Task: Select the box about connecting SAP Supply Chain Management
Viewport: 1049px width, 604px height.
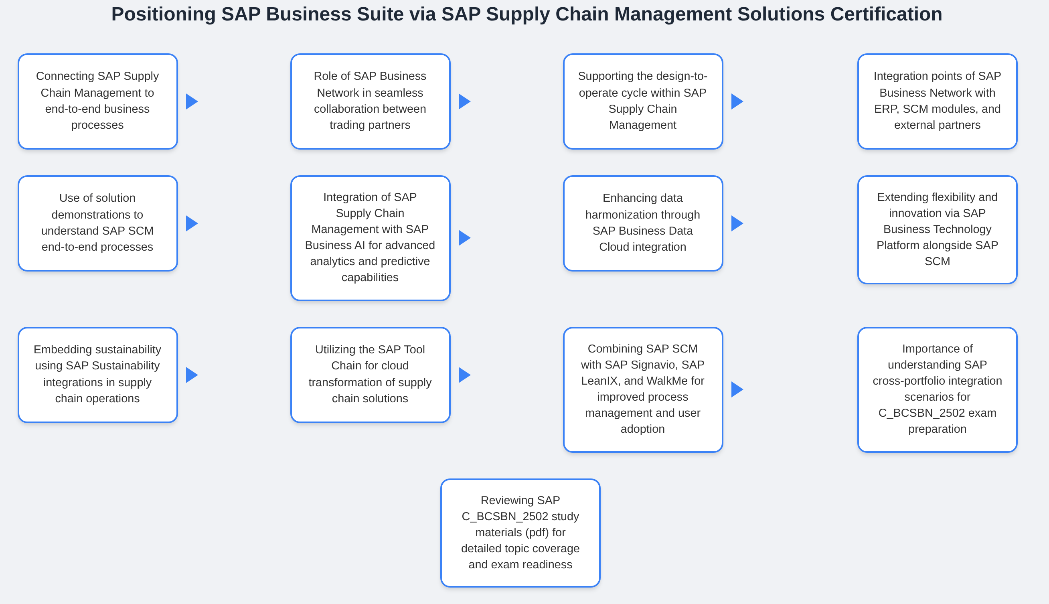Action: click(x=97, y=101)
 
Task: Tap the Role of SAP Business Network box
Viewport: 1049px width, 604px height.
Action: click(x=370, y=101)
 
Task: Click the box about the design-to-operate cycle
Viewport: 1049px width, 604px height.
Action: click(x=643, y=101)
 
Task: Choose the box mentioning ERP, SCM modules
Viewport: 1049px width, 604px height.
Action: click(x=937, y=101)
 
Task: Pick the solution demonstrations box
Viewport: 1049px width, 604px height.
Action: click(x=97, y=223)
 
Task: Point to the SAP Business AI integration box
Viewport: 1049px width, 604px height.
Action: click(x=370, y=238)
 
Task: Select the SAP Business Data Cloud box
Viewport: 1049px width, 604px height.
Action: click(x=643, y=223)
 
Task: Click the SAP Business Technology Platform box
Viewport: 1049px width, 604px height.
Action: click(x=937, y=229)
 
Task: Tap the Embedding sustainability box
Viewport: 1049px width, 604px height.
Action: click(x=97, y=375)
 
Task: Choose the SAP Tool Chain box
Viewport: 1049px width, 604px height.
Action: click(x=370, y=375)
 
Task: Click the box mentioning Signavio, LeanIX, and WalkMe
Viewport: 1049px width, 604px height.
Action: click(x=643, y=389)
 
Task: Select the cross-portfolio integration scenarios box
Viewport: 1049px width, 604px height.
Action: click(x=937, y=389)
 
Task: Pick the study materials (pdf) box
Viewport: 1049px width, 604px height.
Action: click(x=520, y=532)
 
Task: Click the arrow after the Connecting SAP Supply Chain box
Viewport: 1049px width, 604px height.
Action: click(x=192, y=101)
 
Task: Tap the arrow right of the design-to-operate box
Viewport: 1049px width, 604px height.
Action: click(x=737, y=101)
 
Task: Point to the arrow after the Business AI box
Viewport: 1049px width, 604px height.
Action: click(x=464, y=238)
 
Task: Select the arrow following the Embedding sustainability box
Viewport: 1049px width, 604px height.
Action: click(x=192, y=375)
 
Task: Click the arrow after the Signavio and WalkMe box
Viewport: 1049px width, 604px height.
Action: click(x=737, y=389)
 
